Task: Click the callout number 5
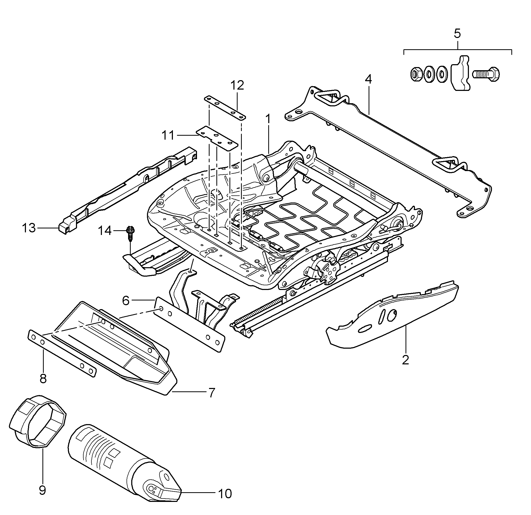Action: point(457,34)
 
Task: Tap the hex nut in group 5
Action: point(416,74)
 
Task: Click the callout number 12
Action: point(237,85)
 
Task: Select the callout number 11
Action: point(168,135)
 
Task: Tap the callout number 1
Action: point(268,119)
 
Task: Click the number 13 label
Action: point(29,228)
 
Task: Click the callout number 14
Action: point(105,231)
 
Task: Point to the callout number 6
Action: point(126,300)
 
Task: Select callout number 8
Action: point(43,379)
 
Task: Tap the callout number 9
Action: point(42,490)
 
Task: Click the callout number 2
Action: point(406,360)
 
